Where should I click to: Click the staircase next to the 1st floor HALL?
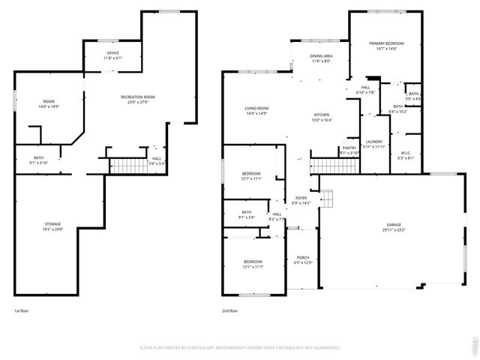(126, 166)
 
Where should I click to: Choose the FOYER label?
(301, 199)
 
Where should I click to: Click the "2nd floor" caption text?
(229, 310)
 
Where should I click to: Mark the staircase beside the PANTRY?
(325, 165)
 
